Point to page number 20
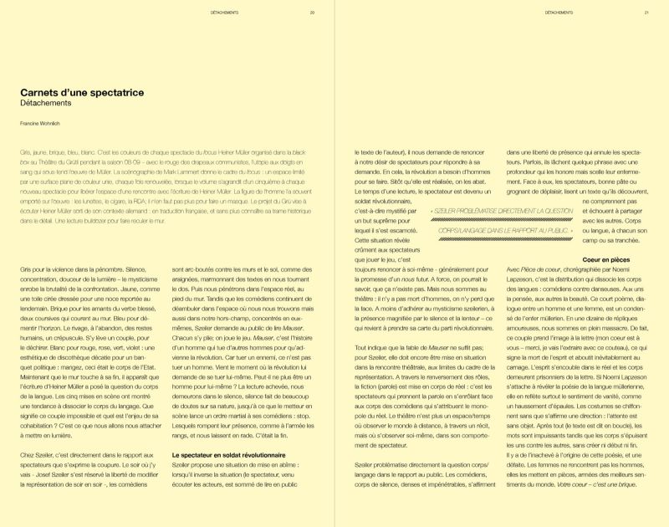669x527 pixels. tap(312, 13)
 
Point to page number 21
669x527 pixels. tap(646, 13)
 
